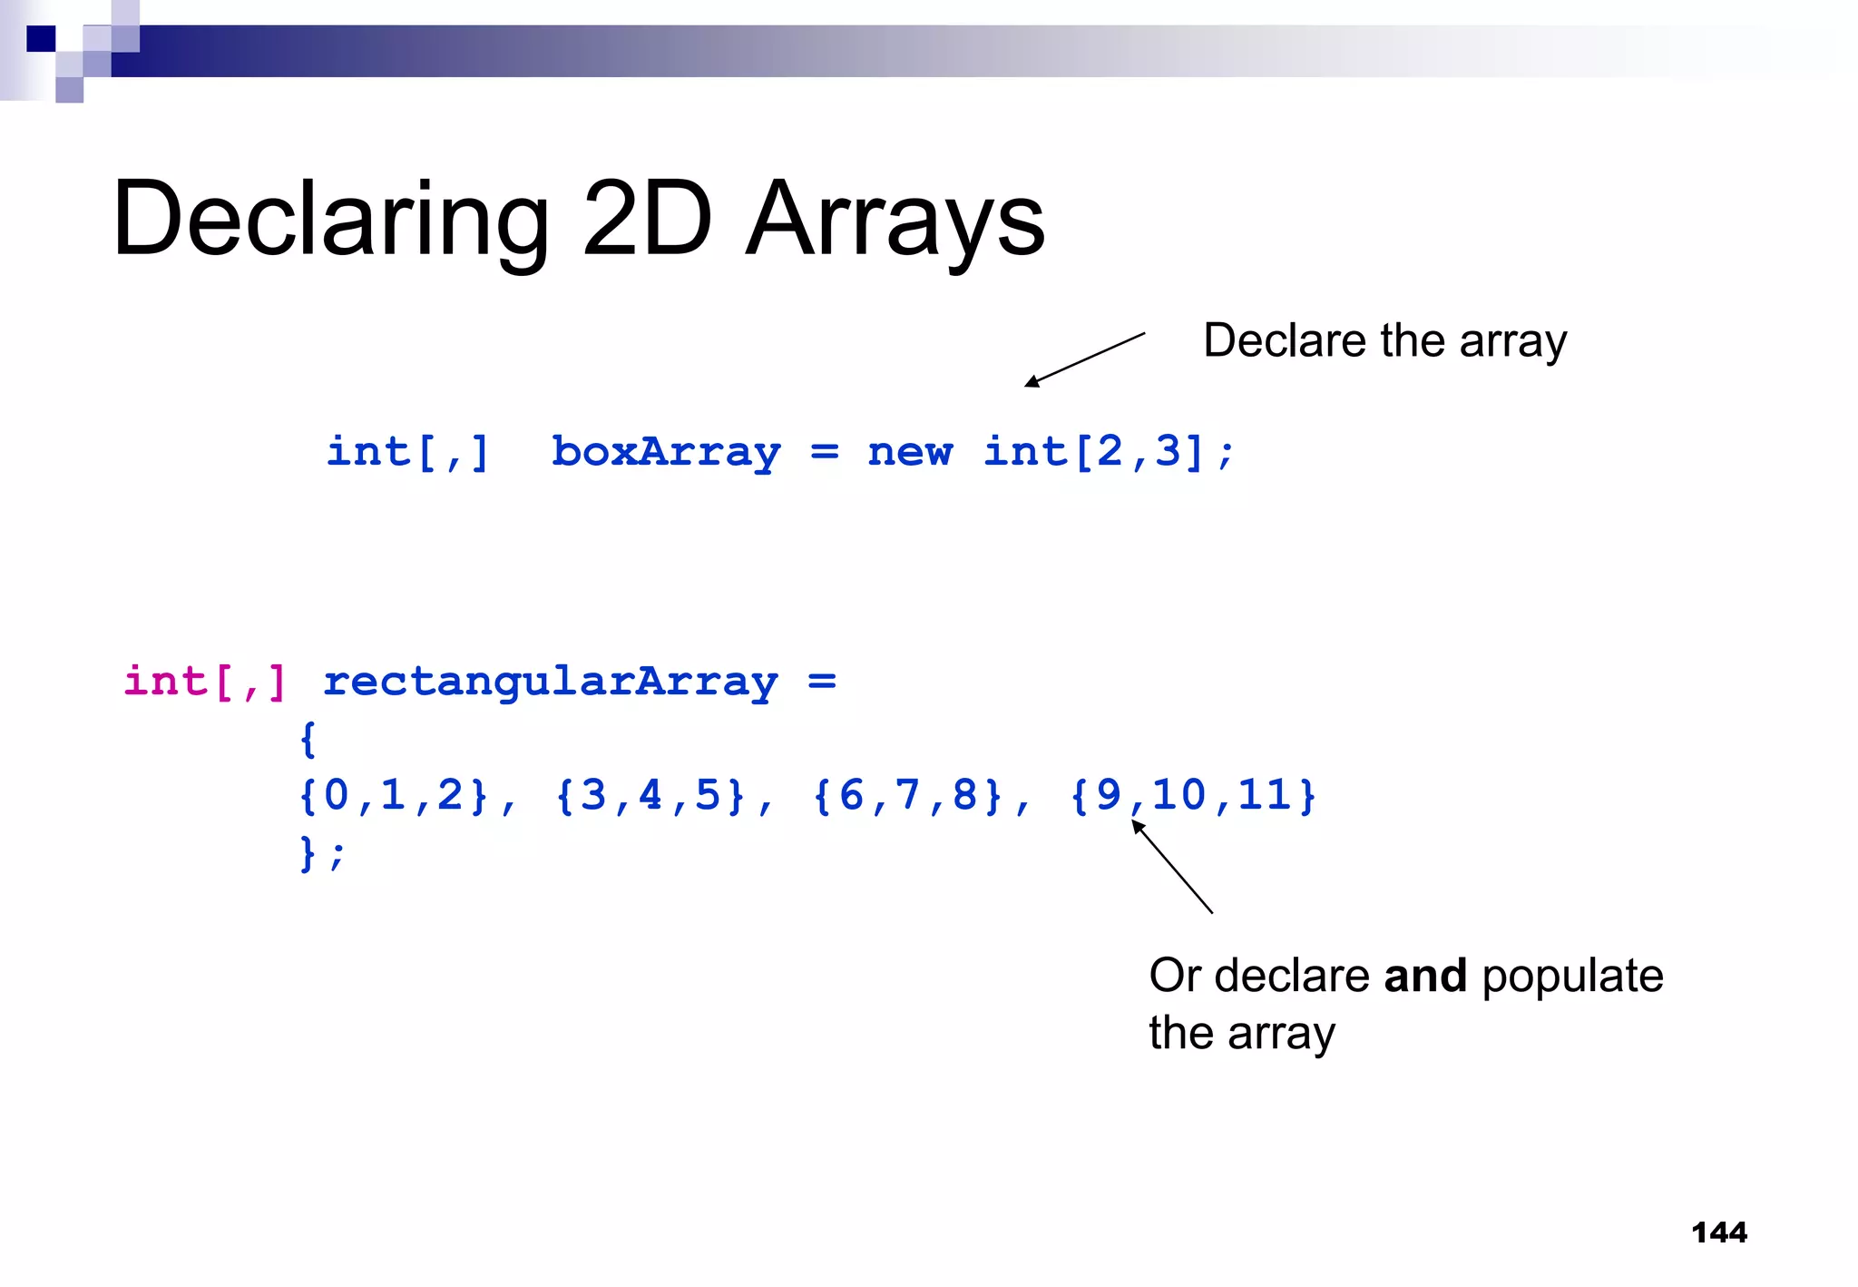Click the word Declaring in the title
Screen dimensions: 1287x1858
point(330,221)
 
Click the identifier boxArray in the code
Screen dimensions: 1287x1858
point(666,451)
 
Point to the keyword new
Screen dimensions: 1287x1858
point(910,451)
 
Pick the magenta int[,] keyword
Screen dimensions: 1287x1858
point(205,681)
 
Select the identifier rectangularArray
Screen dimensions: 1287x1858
point(551,681)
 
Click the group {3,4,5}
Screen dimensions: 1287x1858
point(650,796)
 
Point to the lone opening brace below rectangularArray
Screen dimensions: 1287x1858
point(308,739)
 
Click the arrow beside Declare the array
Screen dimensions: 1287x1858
point(1084,359)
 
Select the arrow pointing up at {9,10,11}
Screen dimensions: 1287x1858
point(1171,866)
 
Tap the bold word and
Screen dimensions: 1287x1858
point(1425,976)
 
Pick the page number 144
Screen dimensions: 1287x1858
point(1719,1232)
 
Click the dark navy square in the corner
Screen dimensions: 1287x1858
point(41,39)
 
